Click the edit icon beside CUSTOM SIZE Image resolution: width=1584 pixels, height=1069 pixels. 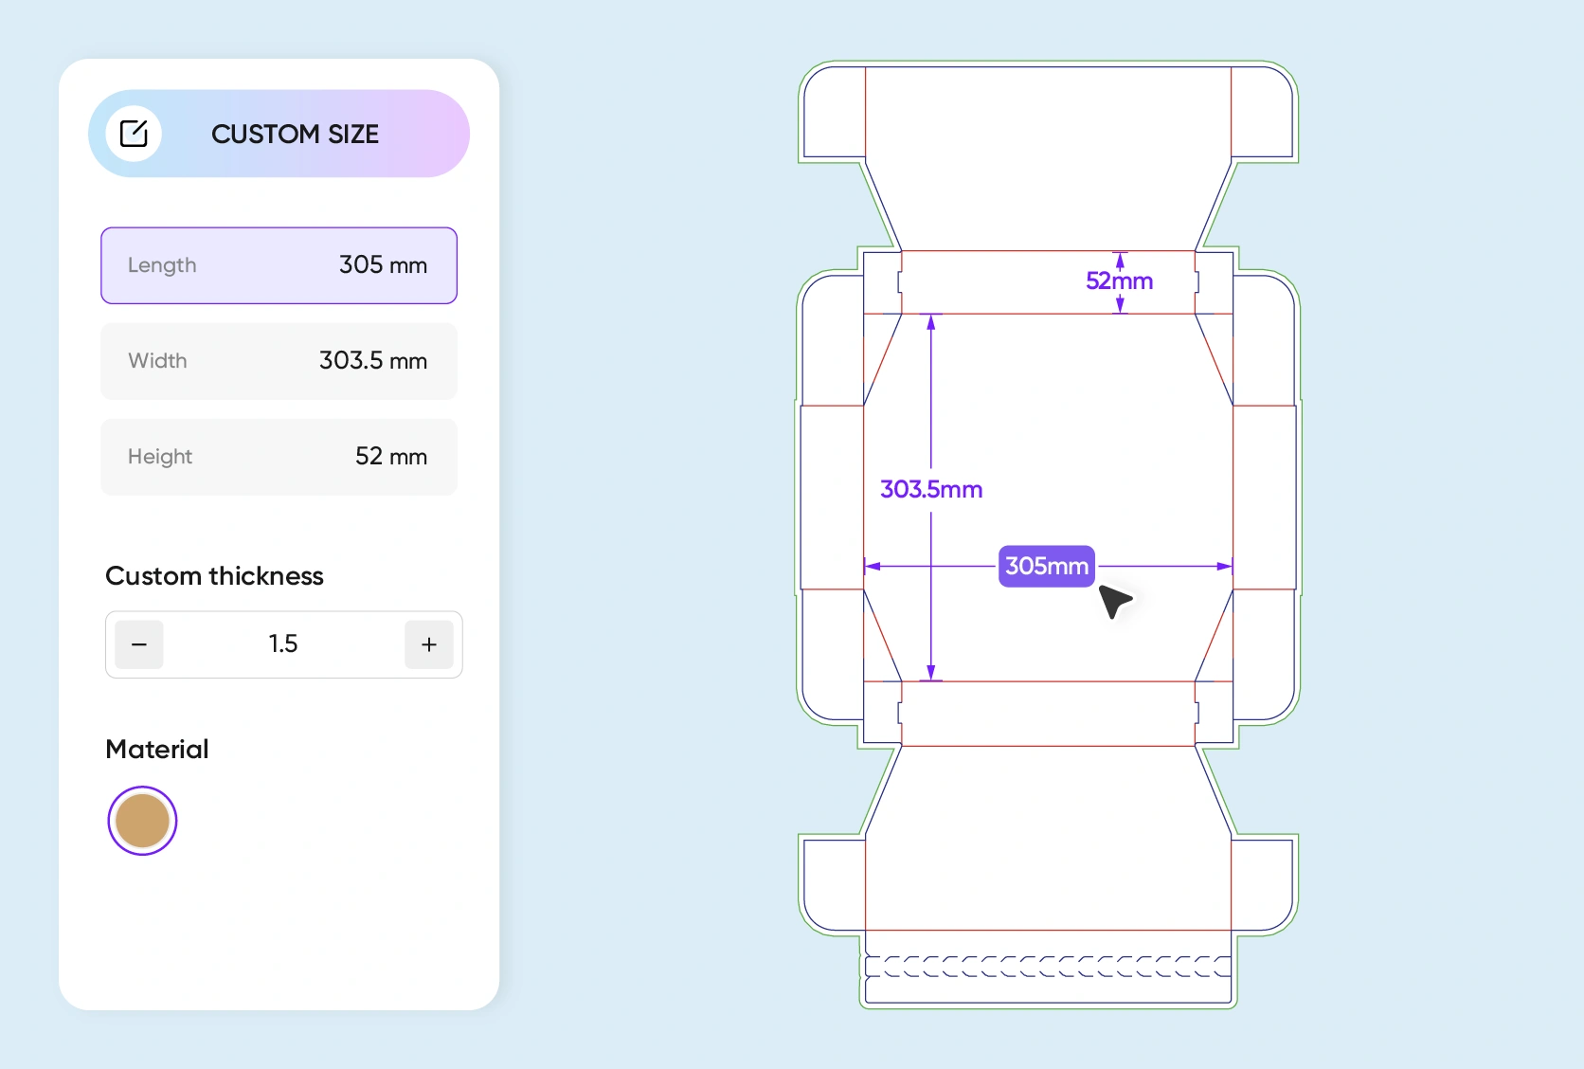[x=134, y=134]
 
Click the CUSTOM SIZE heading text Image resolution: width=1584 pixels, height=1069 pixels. [x=295, y=135]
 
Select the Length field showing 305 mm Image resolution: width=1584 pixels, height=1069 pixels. [x=279, y=265]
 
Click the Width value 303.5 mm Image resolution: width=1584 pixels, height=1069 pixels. [x=372, y=361]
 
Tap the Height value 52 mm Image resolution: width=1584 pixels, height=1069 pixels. [x=390, y=457]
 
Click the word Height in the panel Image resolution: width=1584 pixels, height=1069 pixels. [x=160, y=457]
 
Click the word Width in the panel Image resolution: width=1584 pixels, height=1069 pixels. [x=157, y=361]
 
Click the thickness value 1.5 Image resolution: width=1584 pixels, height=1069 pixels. [x=282, y=644]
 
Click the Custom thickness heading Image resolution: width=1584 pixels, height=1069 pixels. [x=214, y=576]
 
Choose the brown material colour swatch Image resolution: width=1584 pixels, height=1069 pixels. [x=142, y=821]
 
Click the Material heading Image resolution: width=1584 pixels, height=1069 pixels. [x=157, y=750]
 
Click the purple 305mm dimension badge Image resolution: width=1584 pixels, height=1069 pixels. [x=1046, y=566]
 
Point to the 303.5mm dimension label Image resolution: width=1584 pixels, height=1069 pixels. [x=931, y=489]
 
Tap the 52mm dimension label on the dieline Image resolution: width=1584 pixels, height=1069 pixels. [x=1119, y=281]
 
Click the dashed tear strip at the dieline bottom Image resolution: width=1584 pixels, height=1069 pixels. [x=1048, y=967]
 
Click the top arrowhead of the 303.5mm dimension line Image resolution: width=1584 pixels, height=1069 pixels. [x=931, y=322]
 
